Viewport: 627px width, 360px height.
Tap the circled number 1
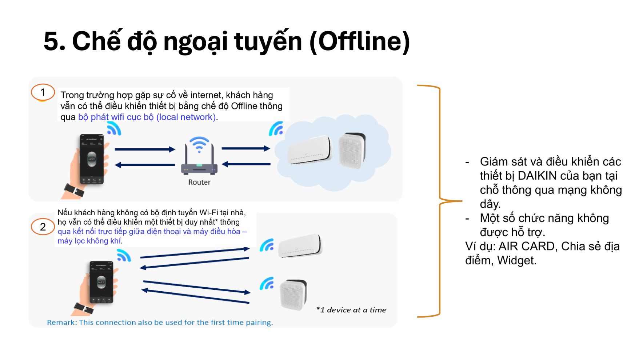[43, 92]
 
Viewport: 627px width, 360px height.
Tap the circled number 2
[43, 227]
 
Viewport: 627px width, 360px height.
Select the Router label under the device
[199, 182]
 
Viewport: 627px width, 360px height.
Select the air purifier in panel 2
[293, 295]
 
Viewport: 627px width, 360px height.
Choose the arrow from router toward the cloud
[246, 148]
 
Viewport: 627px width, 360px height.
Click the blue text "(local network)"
[186, 117]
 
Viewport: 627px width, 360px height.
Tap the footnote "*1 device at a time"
[351, 310]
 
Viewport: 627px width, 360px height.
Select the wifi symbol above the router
[199, 144]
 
